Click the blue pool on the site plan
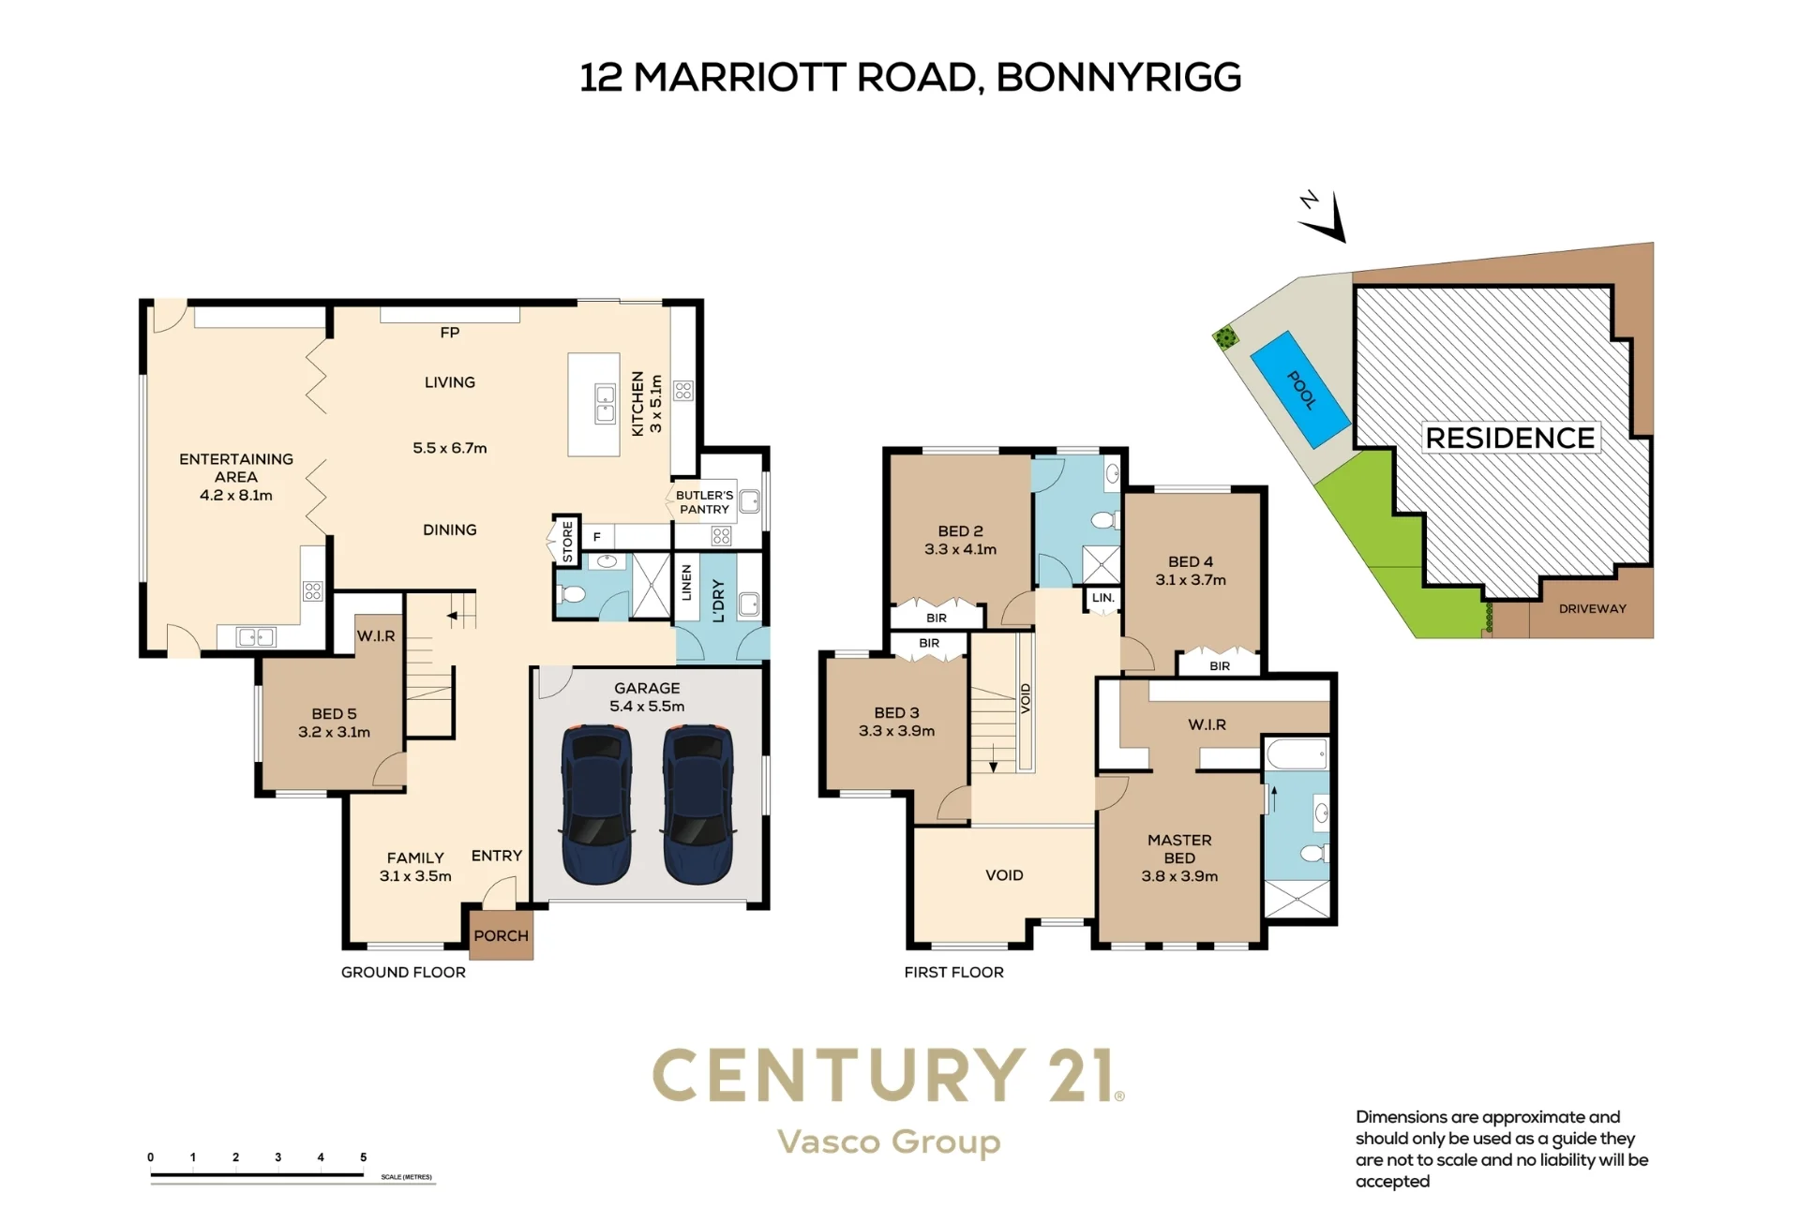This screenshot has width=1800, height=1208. tap(1300, 390)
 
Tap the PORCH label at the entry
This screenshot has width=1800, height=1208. tap(501, 935)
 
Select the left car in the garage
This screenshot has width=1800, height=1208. tap(596, 804)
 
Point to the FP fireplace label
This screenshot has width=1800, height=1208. tap(450, 333)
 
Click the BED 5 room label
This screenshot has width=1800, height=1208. tap(334, 714)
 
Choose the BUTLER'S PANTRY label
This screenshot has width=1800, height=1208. tap(705, 502)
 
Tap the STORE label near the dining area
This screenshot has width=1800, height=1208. tap(567, 542)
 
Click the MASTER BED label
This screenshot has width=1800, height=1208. tap(1179, 849)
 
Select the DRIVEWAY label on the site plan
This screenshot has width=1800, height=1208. tap(1593, 608)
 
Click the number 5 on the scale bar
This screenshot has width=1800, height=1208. tap(363, 1157)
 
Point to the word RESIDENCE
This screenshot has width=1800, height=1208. tap(1510, 438)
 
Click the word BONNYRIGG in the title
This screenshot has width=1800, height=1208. tap(1118, 78)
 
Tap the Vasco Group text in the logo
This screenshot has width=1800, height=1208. tap(889, 1142)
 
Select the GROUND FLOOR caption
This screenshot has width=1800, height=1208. tap(403, 973)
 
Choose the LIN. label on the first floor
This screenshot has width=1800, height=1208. tap(1103, 597)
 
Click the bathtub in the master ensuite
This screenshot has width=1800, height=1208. tap(1297, 754)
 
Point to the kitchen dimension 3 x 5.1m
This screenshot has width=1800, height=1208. tap(655, 404)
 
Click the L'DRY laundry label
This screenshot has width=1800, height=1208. tap(719, 601)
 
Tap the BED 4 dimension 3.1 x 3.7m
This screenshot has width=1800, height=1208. tap(1191, 580)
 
